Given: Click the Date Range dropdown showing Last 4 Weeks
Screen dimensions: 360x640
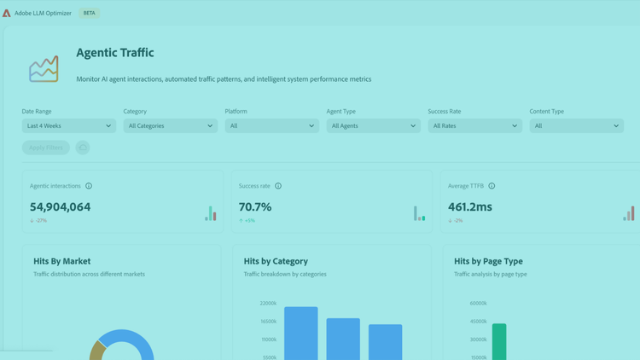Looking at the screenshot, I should (69, 125).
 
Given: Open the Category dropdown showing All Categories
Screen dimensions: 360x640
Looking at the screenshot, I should (171, 125).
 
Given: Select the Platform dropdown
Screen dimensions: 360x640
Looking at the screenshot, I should (272, 125).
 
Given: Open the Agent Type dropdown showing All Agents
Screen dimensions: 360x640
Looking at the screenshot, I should (374, 125).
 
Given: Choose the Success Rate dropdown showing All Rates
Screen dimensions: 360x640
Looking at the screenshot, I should (475, 125).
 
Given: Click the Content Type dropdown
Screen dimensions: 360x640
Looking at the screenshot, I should (577, 125).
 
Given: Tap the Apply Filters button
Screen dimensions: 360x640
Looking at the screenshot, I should (46, 148).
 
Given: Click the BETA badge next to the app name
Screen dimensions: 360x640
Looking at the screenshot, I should (89, 14).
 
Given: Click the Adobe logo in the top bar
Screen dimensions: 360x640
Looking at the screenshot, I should (7, 14).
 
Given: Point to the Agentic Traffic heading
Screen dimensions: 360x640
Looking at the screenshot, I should (115, 53).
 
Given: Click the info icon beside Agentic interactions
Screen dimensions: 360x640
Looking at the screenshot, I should (89, 186).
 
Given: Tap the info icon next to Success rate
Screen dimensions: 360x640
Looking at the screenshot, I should (278, 186).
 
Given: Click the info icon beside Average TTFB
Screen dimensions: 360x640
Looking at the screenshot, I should (492, 186).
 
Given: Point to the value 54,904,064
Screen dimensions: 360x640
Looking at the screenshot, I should (60, 206).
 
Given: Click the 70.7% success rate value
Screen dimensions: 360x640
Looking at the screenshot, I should (255, 206).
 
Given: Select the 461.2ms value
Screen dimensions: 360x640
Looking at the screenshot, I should (470, 206).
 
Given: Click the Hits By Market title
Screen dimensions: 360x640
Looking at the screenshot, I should (62, 261).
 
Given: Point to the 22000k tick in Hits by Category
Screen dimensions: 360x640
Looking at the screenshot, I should (267, 304).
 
